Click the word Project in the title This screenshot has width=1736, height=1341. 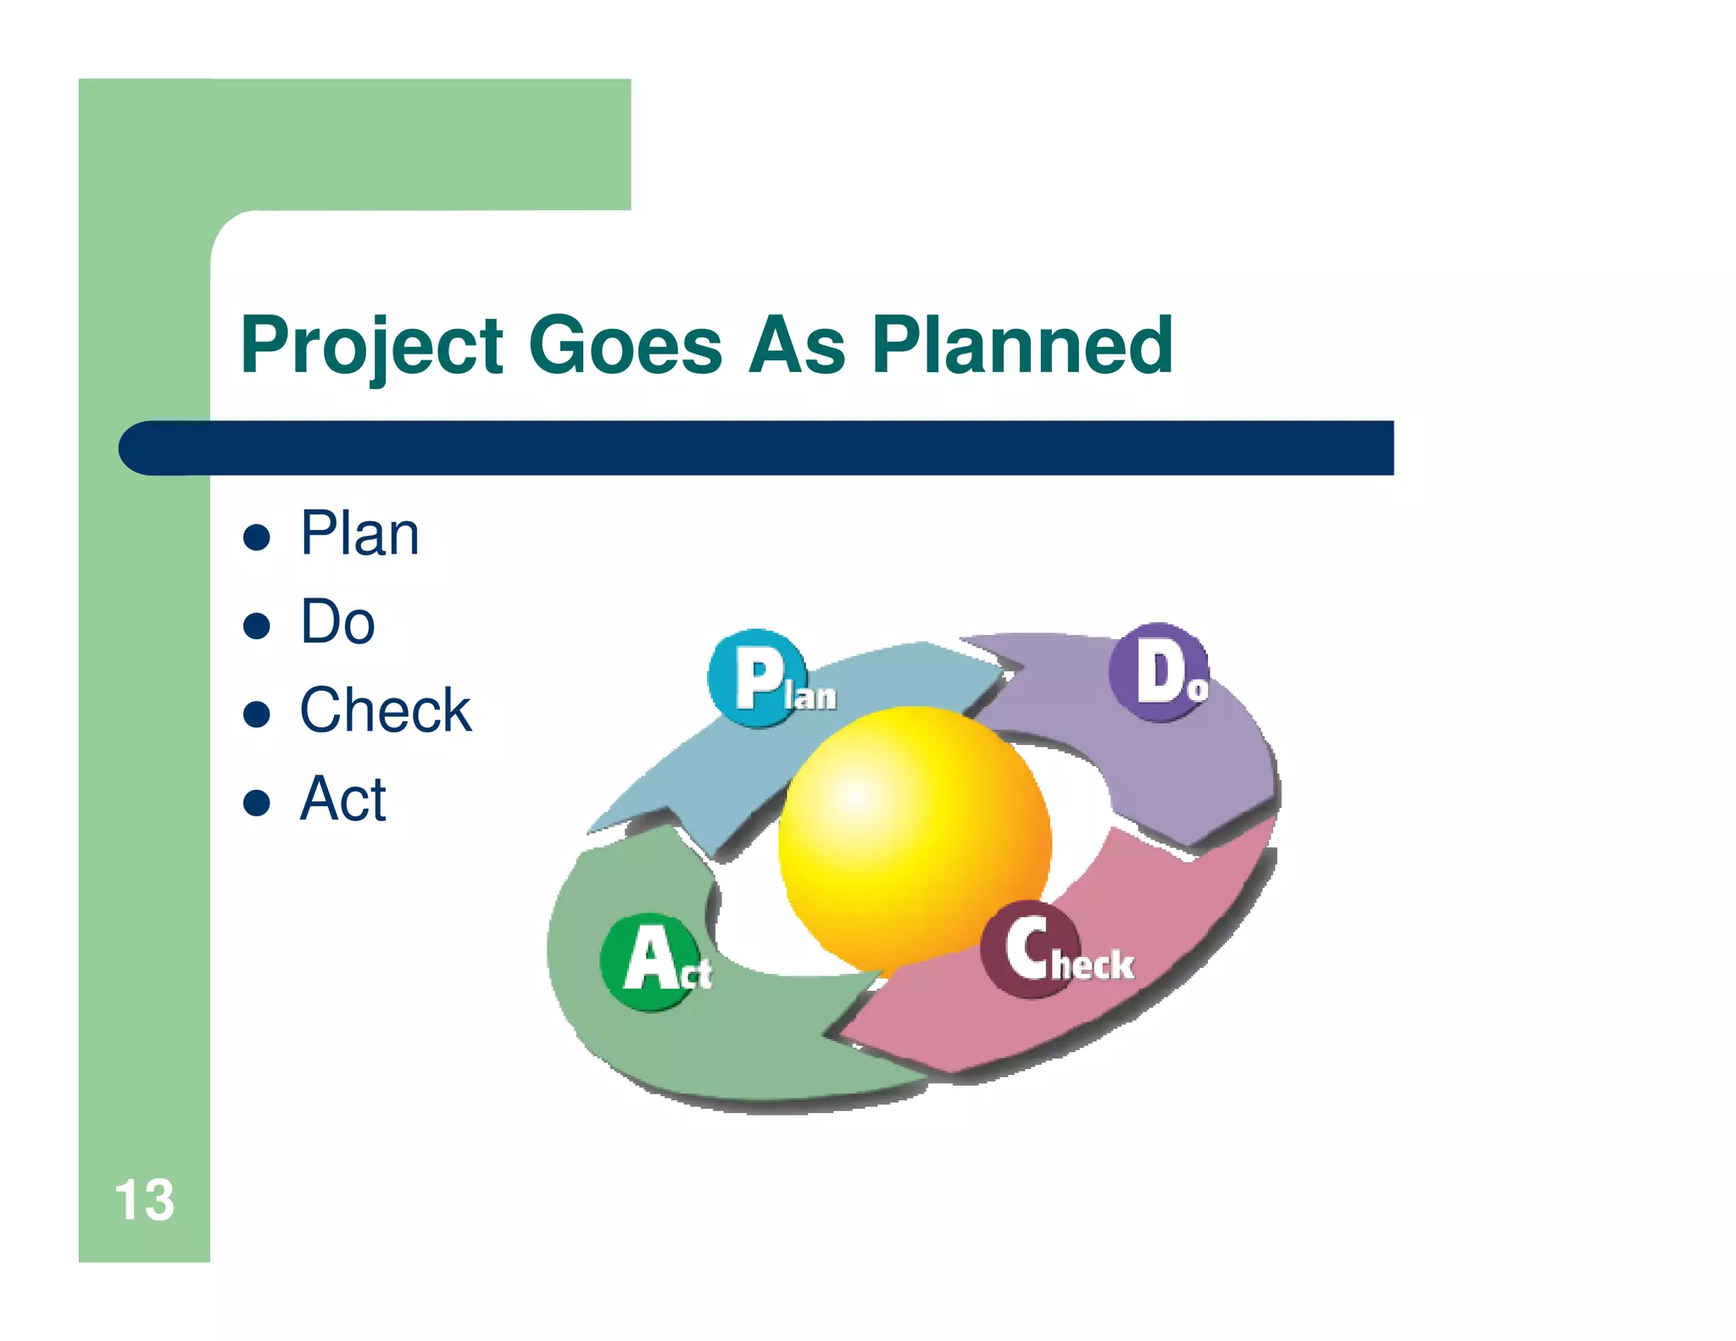coord(372,345)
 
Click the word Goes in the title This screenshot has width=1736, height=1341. coord(625,345)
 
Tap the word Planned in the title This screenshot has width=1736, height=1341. coord(1022,345)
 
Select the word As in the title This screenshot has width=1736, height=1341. coord(797,345)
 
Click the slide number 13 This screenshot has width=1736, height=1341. coord(144,1200)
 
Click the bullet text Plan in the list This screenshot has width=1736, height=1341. coord(359,534)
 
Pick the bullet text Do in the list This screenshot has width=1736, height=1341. coord(337,622)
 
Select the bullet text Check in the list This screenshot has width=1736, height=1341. coord(386,710)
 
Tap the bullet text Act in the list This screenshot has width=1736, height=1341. coord(343,799)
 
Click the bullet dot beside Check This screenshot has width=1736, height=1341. coord(256,714)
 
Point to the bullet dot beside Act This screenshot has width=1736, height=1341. coord(256,802)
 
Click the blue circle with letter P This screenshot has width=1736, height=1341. coord(755,677)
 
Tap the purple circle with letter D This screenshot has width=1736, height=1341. coord(1158,672)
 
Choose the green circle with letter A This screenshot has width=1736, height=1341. coord(648,961)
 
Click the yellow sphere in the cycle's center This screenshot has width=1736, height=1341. coord(914,839)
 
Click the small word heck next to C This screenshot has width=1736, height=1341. coord(1093,965)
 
